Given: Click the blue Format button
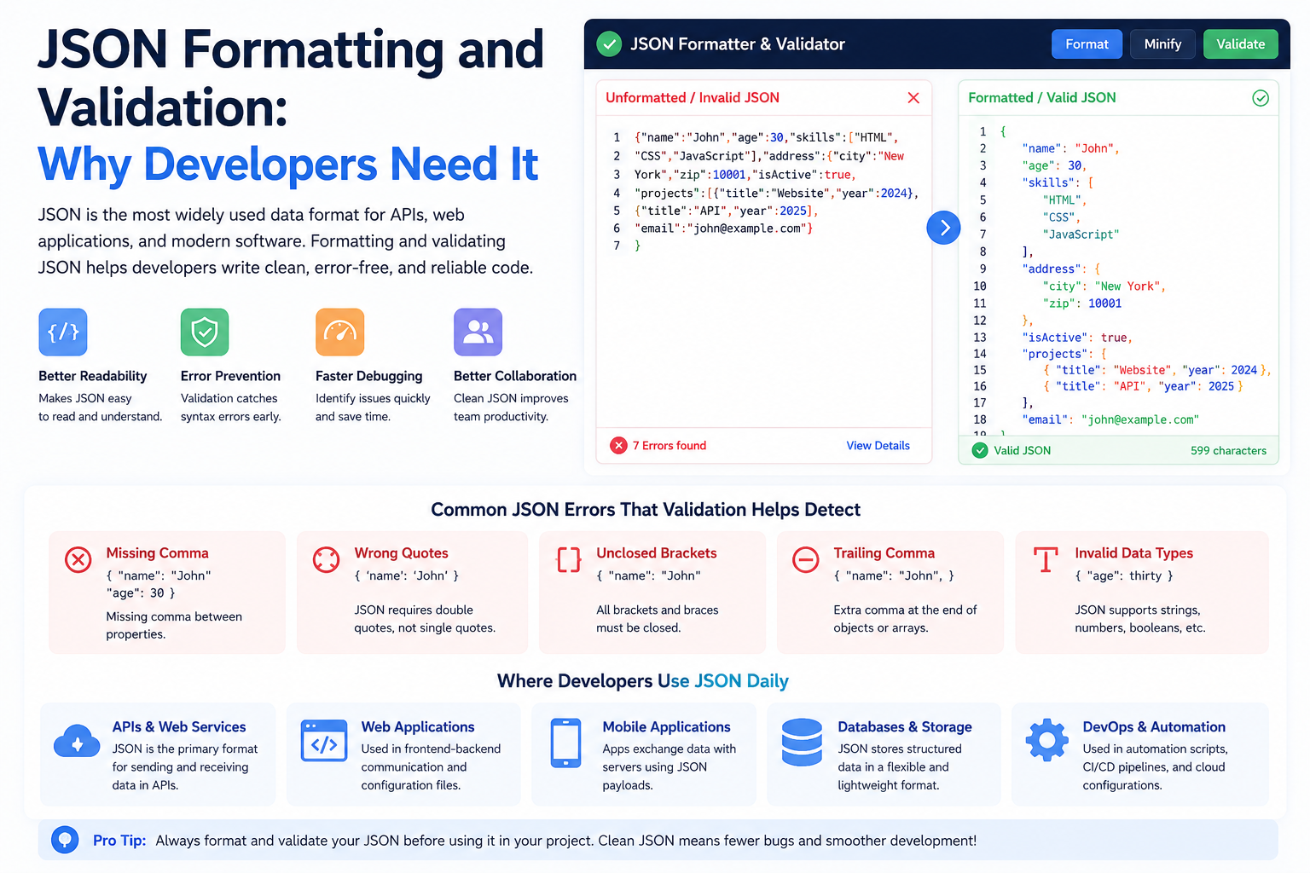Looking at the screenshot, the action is tap(1087, 43).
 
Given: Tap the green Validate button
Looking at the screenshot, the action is tap(1240, 43).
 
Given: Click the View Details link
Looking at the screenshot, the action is tap(878, 446).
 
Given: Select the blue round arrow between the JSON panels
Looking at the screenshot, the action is tap(943, 228).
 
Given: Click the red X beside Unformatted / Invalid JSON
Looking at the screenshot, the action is tap(913, 98).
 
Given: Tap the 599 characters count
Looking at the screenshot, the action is tap(1228, 450).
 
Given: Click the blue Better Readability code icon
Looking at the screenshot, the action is tap(63, 332).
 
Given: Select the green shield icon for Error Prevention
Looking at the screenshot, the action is tap(205, 332).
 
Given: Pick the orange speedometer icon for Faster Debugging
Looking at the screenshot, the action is tap(339, 332).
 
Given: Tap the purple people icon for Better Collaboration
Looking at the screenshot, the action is tap(478, 332).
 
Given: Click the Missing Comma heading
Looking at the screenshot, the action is tap(157, 552).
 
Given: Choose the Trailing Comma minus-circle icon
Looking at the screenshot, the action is tap(805, 559).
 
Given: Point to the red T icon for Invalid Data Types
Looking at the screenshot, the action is tap(1046, 559).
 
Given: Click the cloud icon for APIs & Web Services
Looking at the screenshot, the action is tap(77, 741).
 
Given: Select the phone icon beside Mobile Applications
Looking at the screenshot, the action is tap(565, 743).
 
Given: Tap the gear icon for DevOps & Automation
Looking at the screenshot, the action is tap(1046, 740).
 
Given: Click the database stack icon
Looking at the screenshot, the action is tap(802, 742).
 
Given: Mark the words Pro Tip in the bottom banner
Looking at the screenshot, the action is tap(119, 841).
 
